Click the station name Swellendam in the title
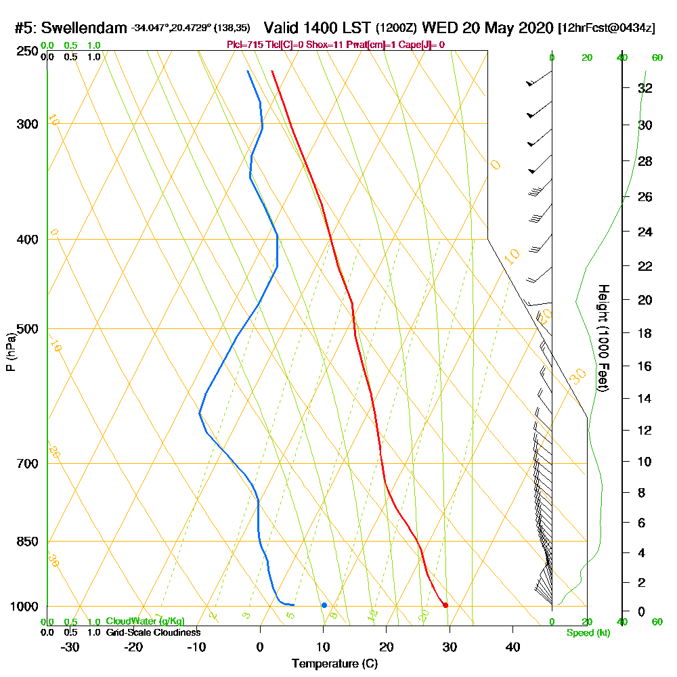pyautogui.click(x=84, y=28)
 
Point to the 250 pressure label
pyautogui.click(x=26, y=51)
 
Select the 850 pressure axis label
pyautogui.click(x=26, y=542)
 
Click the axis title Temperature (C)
pyautogui.click(x=334, y=663)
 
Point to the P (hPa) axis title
pyautogui.click(x=11, y=352)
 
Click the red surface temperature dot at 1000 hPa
pyautogui.click(x=445, y=605)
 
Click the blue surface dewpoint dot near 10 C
pyautogui.click(x=324, y=605)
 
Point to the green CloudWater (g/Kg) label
pyautogui.click(x=145, y=621)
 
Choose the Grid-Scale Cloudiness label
pyautogui.click(x=153, y=632)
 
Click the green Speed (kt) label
pyautogui.click(x=587, y=633)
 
